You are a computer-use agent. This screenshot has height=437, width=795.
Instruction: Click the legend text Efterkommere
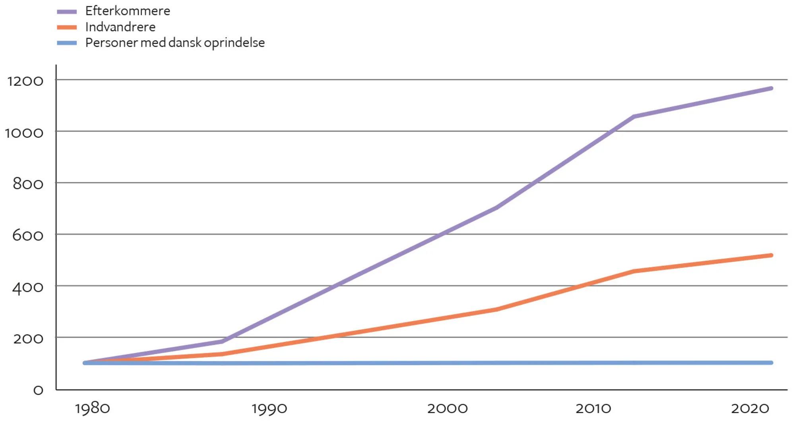pyautogui.click(x=127, y=11)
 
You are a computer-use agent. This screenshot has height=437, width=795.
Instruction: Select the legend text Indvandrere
pyautogui.click(x=120, y=27)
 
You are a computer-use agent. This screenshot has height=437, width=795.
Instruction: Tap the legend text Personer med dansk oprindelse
pyautogui.click(x=175, y=43)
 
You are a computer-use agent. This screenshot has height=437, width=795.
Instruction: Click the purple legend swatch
pyautogui.click(x=67, y=12)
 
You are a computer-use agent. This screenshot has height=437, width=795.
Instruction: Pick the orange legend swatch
pyautogui.click(x=67, y=27)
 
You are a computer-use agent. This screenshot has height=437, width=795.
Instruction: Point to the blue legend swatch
pyautogui.click(x=67, y=43)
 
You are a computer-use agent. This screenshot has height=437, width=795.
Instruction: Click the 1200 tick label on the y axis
pyautogui.click(x=25, y=81)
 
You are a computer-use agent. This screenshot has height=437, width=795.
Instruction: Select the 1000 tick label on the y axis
pyautogui.click(x=24, y=133)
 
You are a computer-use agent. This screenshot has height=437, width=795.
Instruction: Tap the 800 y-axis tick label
pyautogui.click(x=28, y=184)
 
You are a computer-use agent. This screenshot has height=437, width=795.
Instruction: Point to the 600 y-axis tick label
pyautogui.click(x=28, y=235)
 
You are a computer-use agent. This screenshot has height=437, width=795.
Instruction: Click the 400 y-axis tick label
pyautogui.click(x=28, y=287)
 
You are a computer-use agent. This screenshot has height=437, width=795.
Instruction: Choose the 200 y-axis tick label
pyautogui.click(x=28, y=338)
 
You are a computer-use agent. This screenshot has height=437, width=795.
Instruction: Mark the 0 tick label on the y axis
pyautogui.click(x=38, y=390)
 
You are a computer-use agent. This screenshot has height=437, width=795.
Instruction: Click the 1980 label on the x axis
pyautogui.click(x=92, y=408)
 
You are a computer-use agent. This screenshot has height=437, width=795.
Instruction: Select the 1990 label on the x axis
pyautogui.click(x=269, y=408)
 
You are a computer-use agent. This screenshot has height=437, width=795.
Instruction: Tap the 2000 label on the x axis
pyautogui.click(x=447, y=408)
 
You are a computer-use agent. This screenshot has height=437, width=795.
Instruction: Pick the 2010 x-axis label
pyautogui.click(x=593, y=408)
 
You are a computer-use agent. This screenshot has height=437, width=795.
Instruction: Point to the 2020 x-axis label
pyautogui.click(x=750, y=408)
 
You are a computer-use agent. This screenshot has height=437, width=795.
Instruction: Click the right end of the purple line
pyautogui.click(x=771, y=88)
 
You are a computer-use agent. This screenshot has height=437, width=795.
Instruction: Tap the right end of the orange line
pyautogui.click(x=771, y=255)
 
